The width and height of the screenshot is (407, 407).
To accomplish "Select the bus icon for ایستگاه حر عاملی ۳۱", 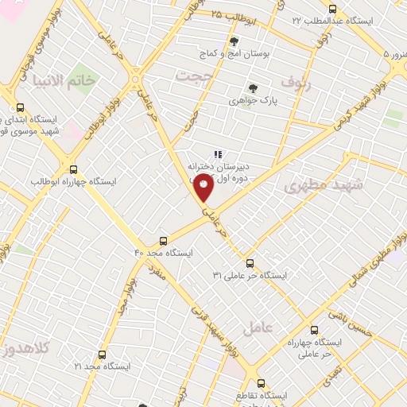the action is click(250, 262).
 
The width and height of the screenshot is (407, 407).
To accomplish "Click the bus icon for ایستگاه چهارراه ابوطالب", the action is click(74, 169).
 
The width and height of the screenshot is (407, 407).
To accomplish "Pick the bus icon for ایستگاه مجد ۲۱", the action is click(101, 355).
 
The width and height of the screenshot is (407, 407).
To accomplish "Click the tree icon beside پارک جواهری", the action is click(254, 88).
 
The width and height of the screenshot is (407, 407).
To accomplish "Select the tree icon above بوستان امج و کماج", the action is click(233, 41).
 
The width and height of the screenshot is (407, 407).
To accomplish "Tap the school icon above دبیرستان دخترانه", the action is click(216, 155).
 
